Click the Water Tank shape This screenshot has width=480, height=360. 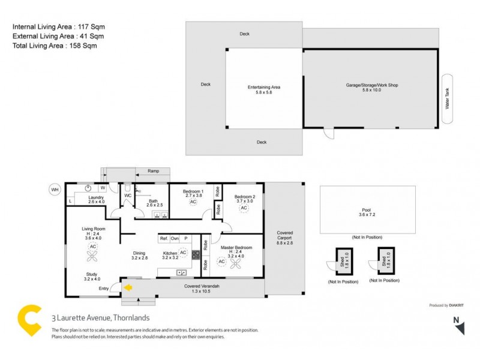(x=447, y=98)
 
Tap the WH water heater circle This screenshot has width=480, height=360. (x=55, y=190)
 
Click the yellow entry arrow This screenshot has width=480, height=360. (x=128, y=287)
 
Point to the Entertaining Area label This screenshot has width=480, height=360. (x=264, y=89)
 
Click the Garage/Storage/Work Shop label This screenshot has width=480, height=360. (x=371, y=87)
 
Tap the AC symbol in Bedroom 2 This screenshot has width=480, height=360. (x=244, y=206)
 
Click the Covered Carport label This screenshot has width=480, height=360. (x=284, y=236)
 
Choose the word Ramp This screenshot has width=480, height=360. (x=153, y=171)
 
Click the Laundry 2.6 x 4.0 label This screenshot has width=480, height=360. (x=97, y=200)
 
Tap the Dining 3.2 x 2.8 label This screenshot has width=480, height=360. (x=139, y=256)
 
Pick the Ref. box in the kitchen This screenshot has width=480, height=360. (x=164, y=238)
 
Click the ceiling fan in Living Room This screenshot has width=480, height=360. (x=93, y=256)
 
